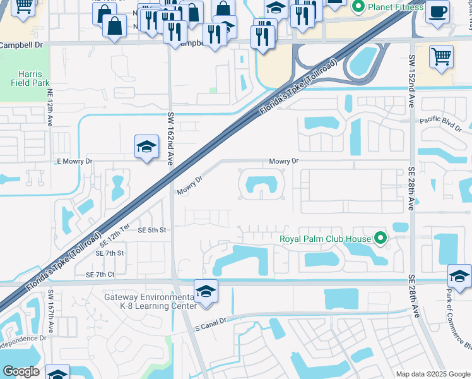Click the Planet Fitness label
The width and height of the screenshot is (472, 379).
pyautogui.click(x=396, y=7)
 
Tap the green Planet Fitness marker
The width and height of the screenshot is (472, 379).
pyautogui.click(x=359, y=7)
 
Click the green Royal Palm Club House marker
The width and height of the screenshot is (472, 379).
pyautogui.click(x=380, y=239)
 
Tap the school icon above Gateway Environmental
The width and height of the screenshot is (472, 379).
pyautogui.click(x=206, y=292)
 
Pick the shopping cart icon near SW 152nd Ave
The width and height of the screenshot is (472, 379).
pyautogui.click(x=441, y=56)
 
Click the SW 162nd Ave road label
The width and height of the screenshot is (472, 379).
pyautogui.click(x=170, y=139)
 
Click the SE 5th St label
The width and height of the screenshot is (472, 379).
pyautogui.click(x=151, y=231)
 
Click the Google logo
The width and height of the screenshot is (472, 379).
pyautogui.click(x=21, y=371)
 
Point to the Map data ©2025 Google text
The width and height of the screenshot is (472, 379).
pyautogui.click(x=432, y=374)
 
